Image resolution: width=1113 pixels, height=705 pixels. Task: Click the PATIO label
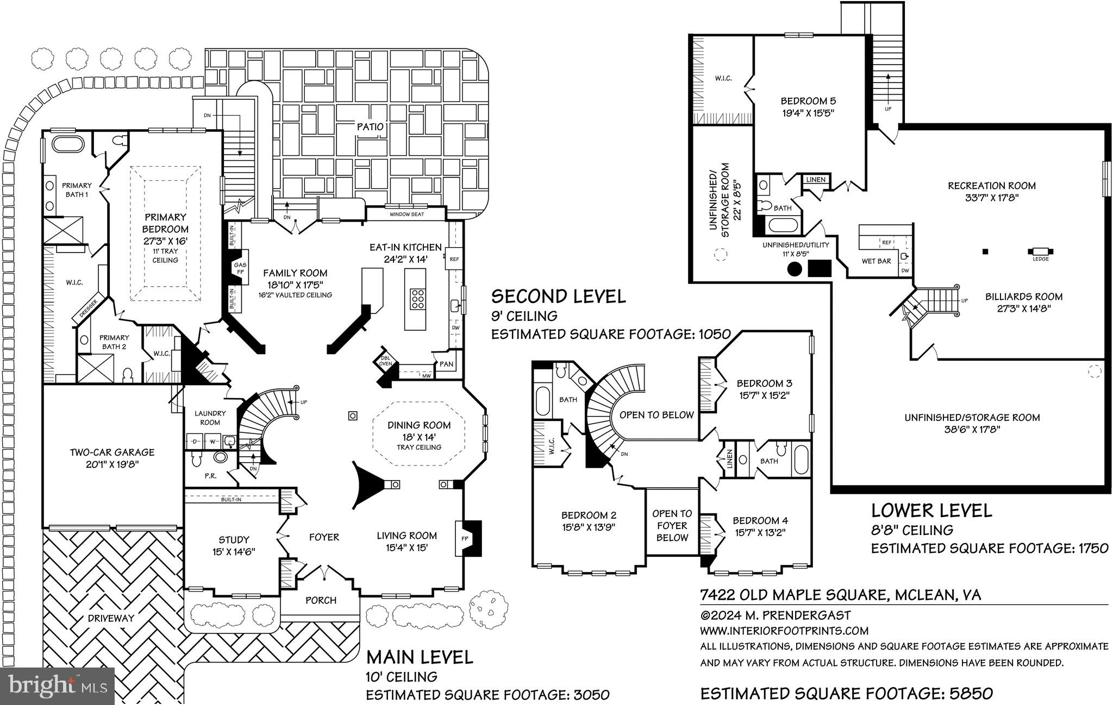[x=370, y=127]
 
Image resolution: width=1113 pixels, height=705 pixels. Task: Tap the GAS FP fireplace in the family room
[x=240, y=268]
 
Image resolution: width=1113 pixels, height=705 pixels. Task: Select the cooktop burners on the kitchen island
[x=418, y=299]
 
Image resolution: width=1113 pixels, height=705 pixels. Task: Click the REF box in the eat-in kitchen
[x=454, y=259]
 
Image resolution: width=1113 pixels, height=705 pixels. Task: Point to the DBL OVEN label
[x=385, y=360]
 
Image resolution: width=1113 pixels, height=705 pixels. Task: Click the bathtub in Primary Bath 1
[x=67, y=145]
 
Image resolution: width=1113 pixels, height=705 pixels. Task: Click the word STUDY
[x=234, y=539]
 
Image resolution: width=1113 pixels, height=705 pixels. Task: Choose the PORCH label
[x=321, y=600]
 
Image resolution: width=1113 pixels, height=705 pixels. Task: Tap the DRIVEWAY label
[x=111, y=618]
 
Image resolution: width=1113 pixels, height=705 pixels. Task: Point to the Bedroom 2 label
[x=589, y=515]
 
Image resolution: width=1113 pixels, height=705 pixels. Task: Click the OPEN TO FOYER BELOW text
[x=672, y=525]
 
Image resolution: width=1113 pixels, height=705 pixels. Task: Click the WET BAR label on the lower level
[x=876, y=261]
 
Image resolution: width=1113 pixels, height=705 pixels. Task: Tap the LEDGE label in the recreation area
[x=1040, y=259]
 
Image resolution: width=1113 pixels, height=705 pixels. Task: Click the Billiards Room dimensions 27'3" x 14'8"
[x=1024, y=309]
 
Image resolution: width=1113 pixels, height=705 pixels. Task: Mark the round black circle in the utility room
[x=795, y=268]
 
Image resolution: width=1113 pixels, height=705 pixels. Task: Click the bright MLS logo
[x=57, y=687]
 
